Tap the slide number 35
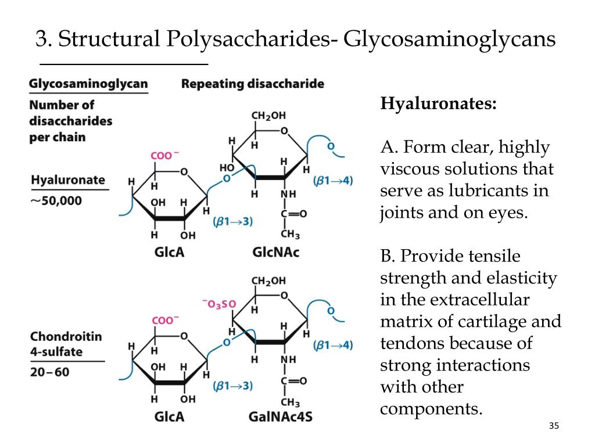(553, 427)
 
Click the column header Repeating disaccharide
(252, 84)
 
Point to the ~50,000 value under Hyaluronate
(56, 201)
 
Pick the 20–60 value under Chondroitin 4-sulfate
(49, 371)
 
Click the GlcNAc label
(275, 252)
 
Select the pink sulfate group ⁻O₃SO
(219, 303)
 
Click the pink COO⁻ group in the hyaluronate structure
(165, 156)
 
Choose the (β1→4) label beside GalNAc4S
(333, 346)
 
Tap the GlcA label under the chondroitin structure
(169, 416)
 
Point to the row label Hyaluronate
(68, 180)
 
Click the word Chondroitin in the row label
(66, 336)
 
